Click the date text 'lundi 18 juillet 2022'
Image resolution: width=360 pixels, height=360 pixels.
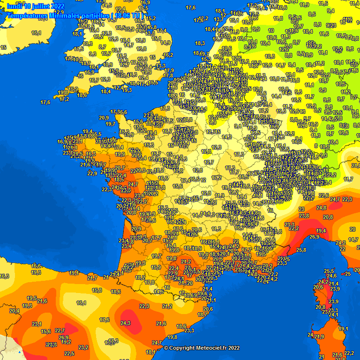[36, 6]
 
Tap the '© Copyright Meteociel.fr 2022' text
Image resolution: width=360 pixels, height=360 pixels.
[201, 348]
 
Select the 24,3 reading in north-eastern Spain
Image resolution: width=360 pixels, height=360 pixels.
[125, 323]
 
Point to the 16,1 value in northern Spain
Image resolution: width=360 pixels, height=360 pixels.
[81, 303]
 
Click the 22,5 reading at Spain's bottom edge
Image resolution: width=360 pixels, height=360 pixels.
[69, 353]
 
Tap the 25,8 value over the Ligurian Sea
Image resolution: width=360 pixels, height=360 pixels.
[300, 250]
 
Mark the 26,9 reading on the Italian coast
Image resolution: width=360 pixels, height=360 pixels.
[314, 237]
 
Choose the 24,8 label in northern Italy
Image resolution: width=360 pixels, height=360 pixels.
[321, 208]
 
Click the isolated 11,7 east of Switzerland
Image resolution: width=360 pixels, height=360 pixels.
[348, 179]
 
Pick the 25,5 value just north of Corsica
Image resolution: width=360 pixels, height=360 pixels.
[329, 271]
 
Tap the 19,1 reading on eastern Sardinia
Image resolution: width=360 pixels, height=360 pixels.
[343, 329]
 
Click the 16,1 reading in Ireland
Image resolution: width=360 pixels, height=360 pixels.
[36, 33]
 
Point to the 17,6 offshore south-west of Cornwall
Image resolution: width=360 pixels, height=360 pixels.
[45, 102]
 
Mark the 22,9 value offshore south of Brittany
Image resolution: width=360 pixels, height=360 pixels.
[92, 173]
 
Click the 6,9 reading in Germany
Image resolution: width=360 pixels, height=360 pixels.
[322, 90]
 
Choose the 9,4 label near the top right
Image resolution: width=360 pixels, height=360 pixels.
[330, 11]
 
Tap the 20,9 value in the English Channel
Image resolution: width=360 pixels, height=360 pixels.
[104, 118]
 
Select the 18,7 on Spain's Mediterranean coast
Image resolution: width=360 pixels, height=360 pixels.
[202, 315]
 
